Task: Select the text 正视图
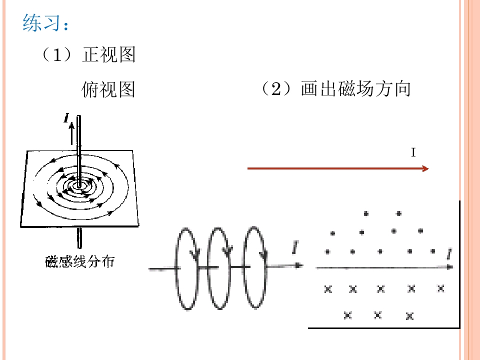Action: tap(108, 55)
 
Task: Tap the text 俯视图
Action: tap(108, 89)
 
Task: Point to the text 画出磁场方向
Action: tap(355, 89)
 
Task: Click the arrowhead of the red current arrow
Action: tap(425, 169)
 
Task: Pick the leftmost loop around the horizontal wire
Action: tap(187, 268)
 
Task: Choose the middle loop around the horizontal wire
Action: tap(219, 268)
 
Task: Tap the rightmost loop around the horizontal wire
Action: tap(254, 268)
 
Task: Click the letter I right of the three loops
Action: tap(296, 246)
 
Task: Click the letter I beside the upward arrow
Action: tap(66, 118)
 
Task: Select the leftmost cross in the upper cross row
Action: tap(328, 288)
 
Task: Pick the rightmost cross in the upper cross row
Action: tap(440, 288)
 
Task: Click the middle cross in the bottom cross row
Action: tap(378, 314)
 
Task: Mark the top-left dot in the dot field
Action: tap(366, 213)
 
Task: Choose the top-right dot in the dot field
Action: tap(398, 213)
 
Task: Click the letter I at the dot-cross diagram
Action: tap(450, 256)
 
